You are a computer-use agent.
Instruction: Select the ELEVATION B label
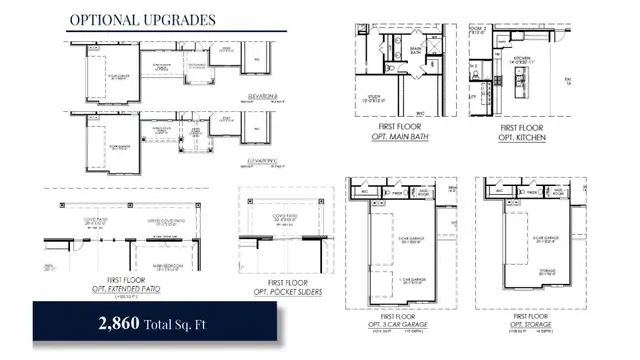point(261,96)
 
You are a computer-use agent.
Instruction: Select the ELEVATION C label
point(262,161)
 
